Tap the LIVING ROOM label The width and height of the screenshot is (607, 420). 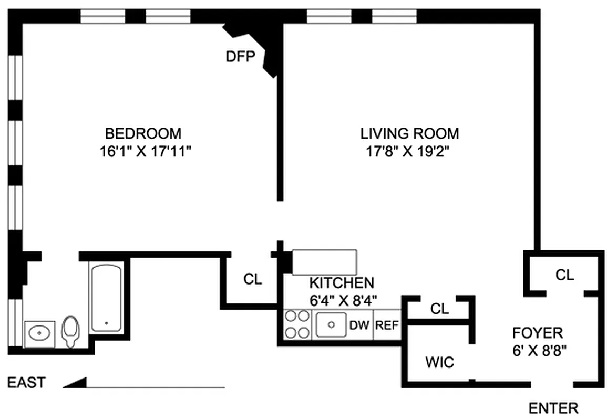[x=409, y=133]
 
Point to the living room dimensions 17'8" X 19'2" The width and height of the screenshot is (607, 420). [x=409, y=152]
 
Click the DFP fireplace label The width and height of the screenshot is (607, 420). [x=241, y=57]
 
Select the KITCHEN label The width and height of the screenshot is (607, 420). [x=342, y=283]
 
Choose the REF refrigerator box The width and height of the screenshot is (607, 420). [x=387, y=324]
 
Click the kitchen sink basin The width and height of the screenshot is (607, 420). [x=331, y=324]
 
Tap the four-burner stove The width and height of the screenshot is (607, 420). [x=296, y=324]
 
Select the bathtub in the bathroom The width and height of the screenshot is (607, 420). [x=106, y=298]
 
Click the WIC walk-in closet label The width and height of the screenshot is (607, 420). [x=439, y=362]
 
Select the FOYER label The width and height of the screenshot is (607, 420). [x=537, y=332]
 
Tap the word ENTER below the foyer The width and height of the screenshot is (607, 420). [x=553, y=408]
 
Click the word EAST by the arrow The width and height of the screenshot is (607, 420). [x=27, y=383]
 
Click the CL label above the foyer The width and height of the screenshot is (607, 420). [x=564, y=275]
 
